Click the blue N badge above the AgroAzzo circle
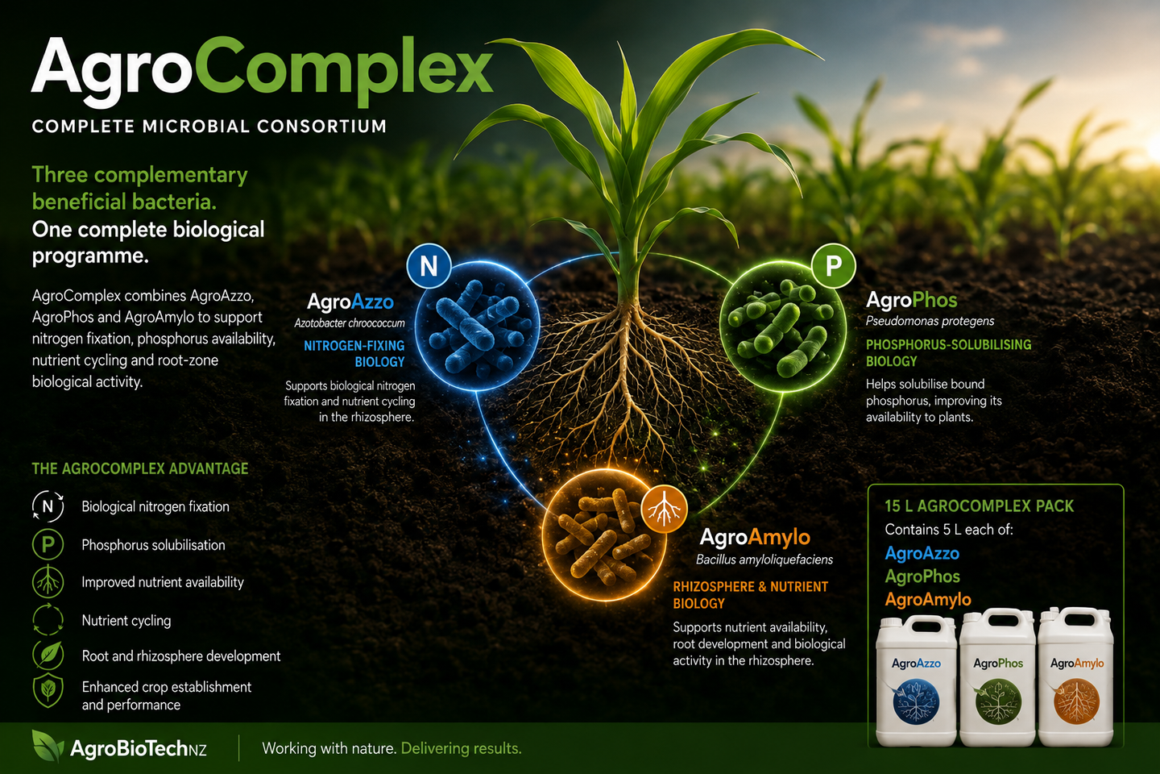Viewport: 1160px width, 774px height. (x=429, y=266)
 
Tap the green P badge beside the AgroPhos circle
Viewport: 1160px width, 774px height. (x=833, y=266)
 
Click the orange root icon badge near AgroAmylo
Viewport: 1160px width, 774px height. (x=665, y=510)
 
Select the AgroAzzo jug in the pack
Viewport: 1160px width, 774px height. (x=916, y=680)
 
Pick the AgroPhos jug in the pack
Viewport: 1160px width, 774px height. (x=997, y=677)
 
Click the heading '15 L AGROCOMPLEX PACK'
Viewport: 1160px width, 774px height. (x=980, y=506)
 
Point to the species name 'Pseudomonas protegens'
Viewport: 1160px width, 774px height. (x=930, y=321)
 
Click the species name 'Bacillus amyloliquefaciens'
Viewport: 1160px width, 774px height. (x=764, y=560)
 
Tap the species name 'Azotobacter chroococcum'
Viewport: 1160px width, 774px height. (x=350, y=323)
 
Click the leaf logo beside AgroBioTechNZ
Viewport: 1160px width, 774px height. (x=48, y=746)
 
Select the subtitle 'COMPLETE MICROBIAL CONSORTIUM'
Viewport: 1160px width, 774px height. (x=209, y=127)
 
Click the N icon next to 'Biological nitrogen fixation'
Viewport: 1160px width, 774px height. (x=48, y=506)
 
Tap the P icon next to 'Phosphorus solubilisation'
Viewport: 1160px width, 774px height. (x=48, y=544)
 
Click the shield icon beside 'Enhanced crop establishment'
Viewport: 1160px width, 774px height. (x=48, y=690)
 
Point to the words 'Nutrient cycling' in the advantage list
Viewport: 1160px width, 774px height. (x=126, y=621)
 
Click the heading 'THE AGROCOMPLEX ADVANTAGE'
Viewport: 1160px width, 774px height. (x=140, y=468)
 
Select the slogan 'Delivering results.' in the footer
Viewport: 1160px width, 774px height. (x=462, y=748)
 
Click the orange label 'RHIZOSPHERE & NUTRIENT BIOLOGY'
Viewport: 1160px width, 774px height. (x=751, y=595)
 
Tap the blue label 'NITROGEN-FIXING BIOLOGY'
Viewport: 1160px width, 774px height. (x=354, y=354)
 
